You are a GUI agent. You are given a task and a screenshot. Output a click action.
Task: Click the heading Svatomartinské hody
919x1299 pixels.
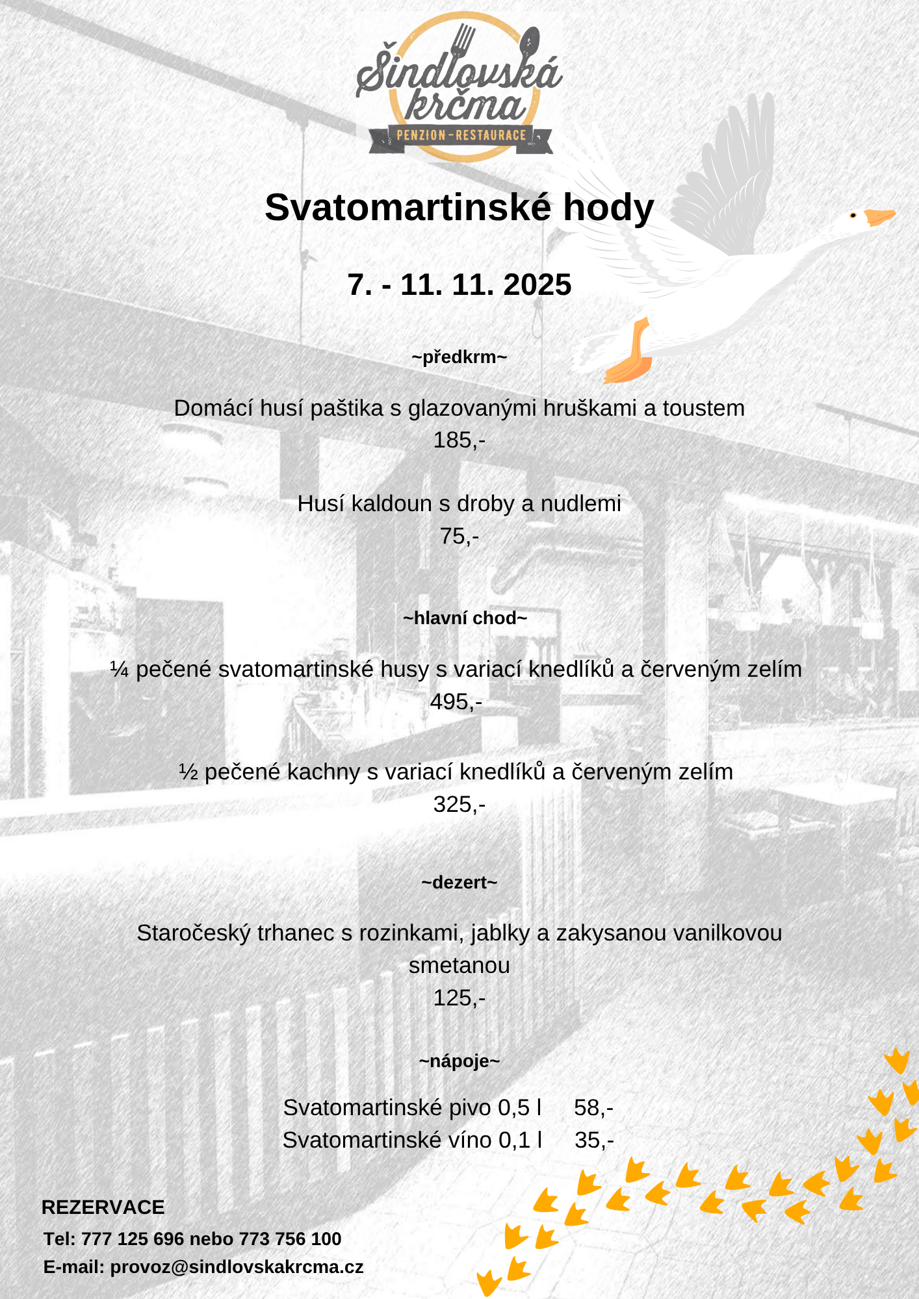click(459, 208)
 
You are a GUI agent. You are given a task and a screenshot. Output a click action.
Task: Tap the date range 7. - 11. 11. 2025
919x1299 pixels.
click(459, 284)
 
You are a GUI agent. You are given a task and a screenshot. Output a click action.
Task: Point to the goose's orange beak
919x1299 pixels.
click(879, 217)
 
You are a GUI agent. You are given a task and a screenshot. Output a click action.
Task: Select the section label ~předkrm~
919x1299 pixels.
click(459, 357)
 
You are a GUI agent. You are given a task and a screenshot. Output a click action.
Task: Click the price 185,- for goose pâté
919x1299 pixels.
click(459, 440)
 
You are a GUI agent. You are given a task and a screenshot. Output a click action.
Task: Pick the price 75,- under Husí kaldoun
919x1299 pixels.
click(459, 536)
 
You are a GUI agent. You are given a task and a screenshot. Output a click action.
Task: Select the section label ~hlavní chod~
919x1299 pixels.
click(464, 618)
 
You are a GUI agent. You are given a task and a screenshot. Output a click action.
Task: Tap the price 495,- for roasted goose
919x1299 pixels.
click(456, 702)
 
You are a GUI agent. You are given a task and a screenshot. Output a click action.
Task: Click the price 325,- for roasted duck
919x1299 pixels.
click(459, 805)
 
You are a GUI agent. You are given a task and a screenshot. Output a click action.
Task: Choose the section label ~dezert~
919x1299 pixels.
click(459, 883)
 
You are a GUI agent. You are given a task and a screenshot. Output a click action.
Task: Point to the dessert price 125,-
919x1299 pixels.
click(459, 998)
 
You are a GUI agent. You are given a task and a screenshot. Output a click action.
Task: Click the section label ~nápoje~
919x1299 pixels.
click(459, 1061)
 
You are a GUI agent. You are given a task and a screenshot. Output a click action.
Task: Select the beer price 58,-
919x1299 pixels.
click(593, 1108)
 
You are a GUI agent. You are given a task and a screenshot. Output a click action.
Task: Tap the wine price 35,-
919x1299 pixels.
click(594, 1141)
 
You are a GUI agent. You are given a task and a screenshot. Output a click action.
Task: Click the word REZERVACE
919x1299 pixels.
click(103, 1207)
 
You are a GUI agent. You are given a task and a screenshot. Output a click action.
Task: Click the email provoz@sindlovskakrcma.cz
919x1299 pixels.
click(237, 1267)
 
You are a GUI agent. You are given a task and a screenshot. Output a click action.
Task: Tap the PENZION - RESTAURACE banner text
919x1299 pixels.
click(461, 136)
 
